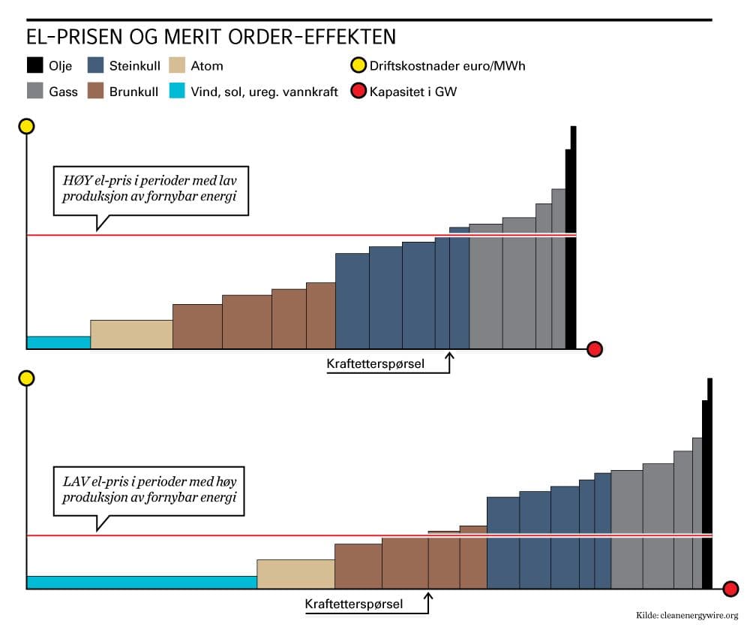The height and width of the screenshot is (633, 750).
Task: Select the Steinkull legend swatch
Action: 95,65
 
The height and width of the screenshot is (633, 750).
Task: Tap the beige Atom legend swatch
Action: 178,65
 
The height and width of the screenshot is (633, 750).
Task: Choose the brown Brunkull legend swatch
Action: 95,92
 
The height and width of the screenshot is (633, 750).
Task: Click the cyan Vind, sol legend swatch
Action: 178,92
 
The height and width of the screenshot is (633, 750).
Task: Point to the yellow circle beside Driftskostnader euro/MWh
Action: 358,65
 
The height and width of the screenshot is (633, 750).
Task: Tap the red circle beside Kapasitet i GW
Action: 358,92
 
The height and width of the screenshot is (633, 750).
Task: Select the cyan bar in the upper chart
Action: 58,342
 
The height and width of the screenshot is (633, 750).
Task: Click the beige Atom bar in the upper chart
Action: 131,334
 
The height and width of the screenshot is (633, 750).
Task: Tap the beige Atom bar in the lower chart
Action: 295,574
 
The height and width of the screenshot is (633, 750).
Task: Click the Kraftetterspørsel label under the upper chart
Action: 375,364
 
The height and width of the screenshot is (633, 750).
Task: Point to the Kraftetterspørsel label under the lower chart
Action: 353,604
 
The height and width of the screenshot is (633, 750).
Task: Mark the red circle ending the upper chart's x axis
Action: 595,349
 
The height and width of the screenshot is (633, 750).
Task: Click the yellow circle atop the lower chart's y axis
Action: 27,378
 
